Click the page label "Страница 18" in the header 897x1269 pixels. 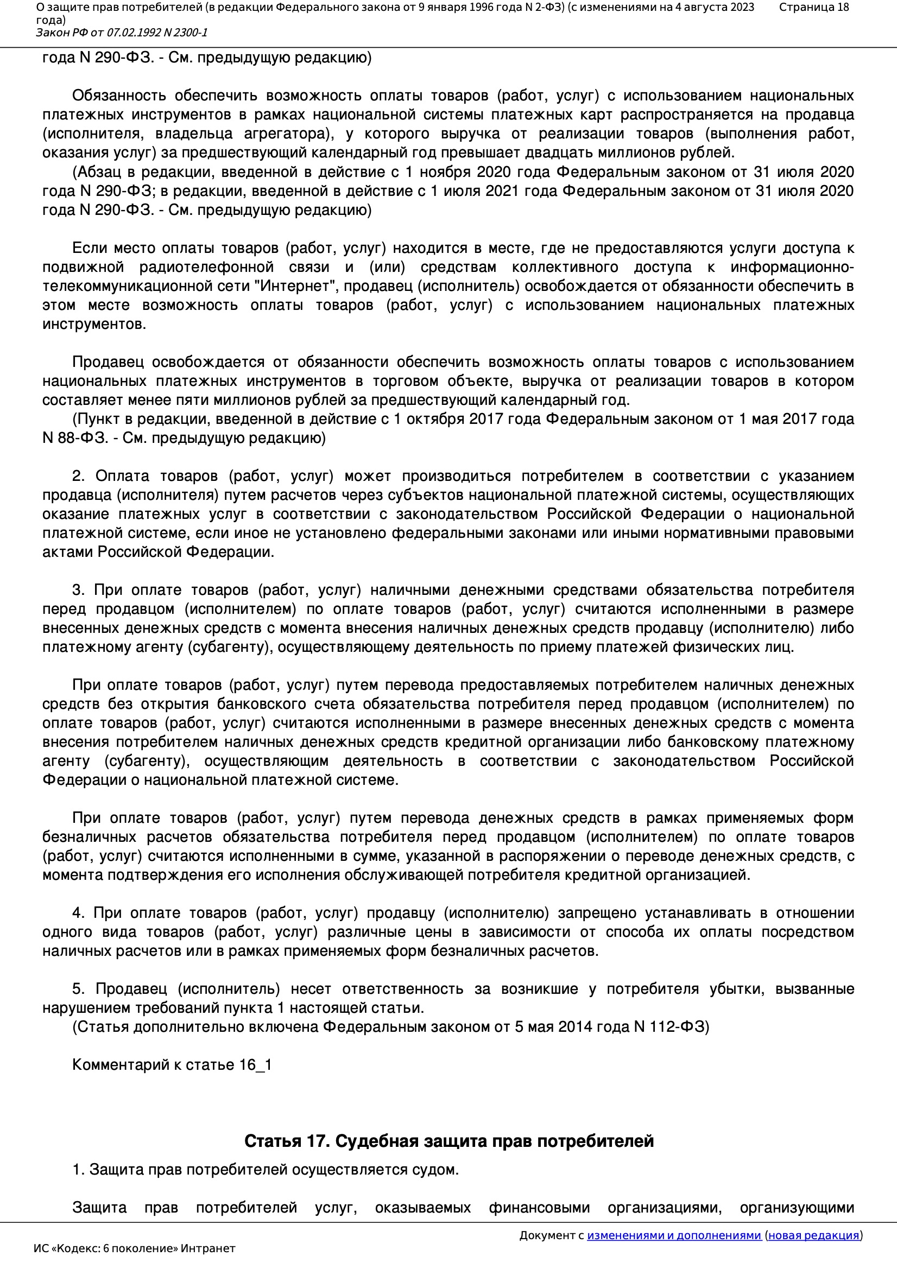(813, 7)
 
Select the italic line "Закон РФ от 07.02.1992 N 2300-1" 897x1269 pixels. (122, 33)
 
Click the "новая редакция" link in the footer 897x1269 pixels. (813, 1235)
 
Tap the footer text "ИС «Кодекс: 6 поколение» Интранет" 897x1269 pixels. (134, 1248)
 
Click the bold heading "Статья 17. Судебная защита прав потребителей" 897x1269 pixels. (448, 1141)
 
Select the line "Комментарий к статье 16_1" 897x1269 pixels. (172, 1065)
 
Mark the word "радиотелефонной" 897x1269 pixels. (206, 268)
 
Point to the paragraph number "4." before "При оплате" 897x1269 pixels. (78, 913)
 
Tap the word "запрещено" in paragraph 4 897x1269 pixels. (597, 913)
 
